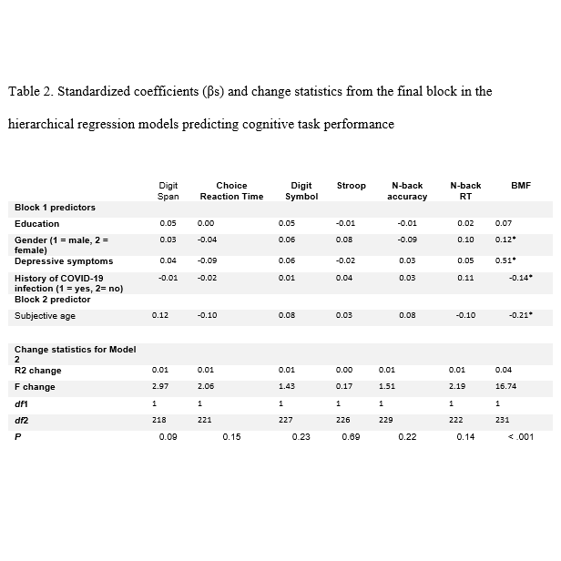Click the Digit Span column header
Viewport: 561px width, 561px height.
[x=168, y=190]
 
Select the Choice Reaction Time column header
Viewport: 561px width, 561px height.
[x=231, y=190]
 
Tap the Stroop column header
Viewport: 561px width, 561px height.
[x=351, y=186]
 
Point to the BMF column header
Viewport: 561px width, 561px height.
[x=521, y=186]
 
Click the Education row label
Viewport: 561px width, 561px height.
[x=36, y=223]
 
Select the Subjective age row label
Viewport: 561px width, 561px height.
[x=45, y=315]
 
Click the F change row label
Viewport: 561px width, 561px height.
[x=35, y=386]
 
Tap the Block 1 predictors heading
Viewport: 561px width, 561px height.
[x=55, y=208]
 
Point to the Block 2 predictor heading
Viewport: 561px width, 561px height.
[x=53, y=299]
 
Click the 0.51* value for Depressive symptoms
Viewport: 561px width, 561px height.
[x=505, y=261]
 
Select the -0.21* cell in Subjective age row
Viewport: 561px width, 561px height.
[x=520, y=315]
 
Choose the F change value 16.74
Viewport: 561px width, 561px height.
[x=505, y=386]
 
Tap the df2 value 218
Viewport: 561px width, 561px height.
[x=159, y=421]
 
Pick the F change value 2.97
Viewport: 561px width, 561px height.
[x=159, y=386]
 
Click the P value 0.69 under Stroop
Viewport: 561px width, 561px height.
[x=350, y=438]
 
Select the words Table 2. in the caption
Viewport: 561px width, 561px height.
[x=30, y=91]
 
